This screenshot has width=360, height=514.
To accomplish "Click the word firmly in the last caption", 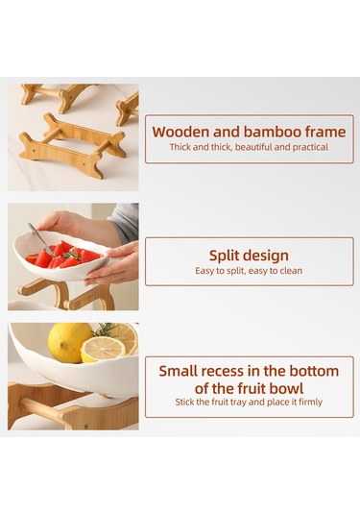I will click(x=306, y=403).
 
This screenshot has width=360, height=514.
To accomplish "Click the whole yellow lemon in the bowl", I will click(x=70, y=342).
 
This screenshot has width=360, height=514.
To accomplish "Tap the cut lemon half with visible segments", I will click(x=102, y=349).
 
